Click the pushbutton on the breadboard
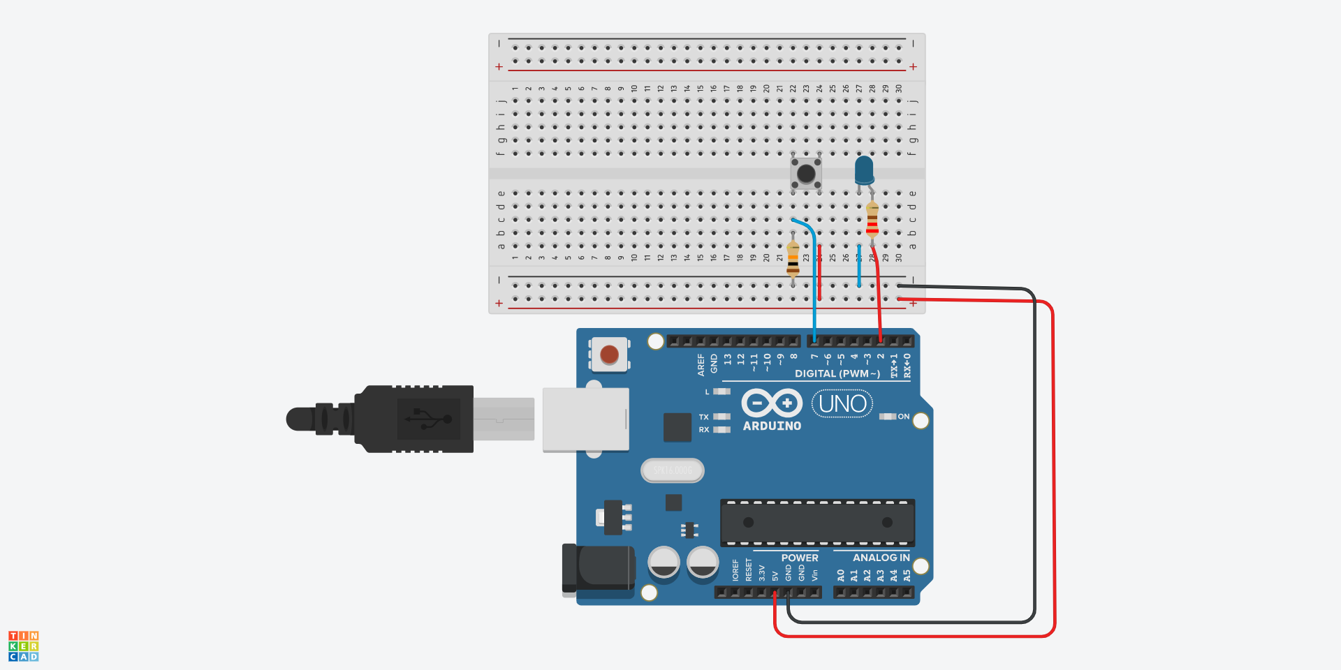pyautogui.click(x=806, y=173)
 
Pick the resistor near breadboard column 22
pyautogui.click(x=793, y=260)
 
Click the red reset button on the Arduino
pyautogui.click(x=609, y=355)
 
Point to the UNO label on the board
pyautogui.click(x=842, y=404)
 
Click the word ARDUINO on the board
pyautogui.click(x=772, y=426)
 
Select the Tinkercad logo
pyautogui.click(x=23, y=646)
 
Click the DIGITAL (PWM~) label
pyautogui.click(x=837, y=374)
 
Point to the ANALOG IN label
pyautogui.click(x=881, y=558)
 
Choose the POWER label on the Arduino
pyautogui.click(x=800, y=558)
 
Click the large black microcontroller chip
pyautogui.click(x=817, y=523)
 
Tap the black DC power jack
pyautogui.click(x=599, y=569)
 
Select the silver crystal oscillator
pyautogui.click(x=672, y=470)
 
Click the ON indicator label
pyautogui.click(x=904, y=417)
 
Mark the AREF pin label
pyautogui.click(x=701, y=364)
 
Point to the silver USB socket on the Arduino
pyautogui.click(x=585, y=419)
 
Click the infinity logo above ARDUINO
pyautogui.click(x=771, y=403)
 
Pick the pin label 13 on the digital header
pyautogui.click(x=728, y=359)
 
